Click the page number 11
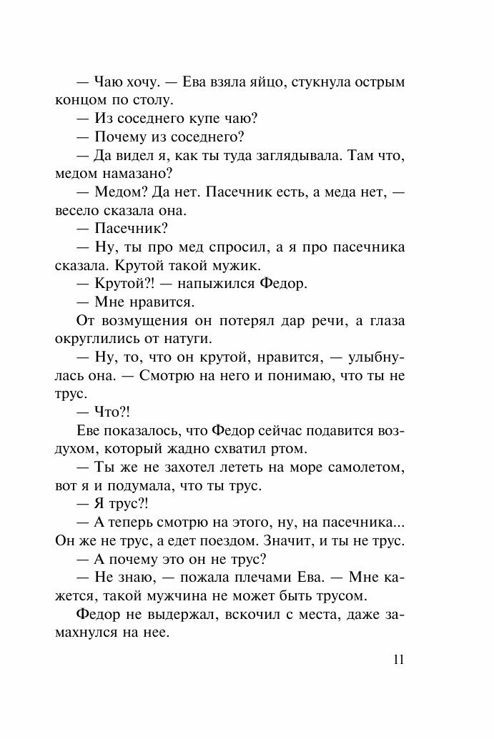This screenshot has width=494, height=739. pos(398,659)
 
